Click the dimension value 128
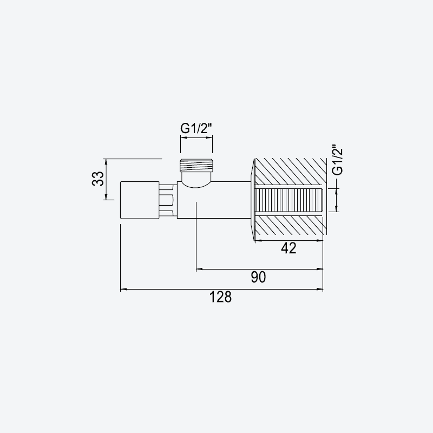pyautogui.click(x=220, y=297)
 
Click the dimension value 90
pyautogui.click(x=259, y=277)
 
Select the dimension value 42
pyautogui.click(x=288, y=248)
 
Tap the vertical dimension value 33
pyautogui.click(x=98, y=179)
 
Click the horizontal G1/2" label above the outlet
pyautogui.click(x=196, y=128)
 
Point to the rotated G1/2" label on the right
pyautogui.click(x=337, y=160)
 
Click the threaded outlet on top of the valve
pyautogui.click(x=196, y=166)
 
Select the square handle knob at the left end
pyautogui.click(x=140, y=200)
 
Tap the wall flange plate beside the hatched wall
pyautogui.click(x=252, y=200)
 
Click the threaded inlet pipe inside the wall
pyautogui.click(x=289, y=200)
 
